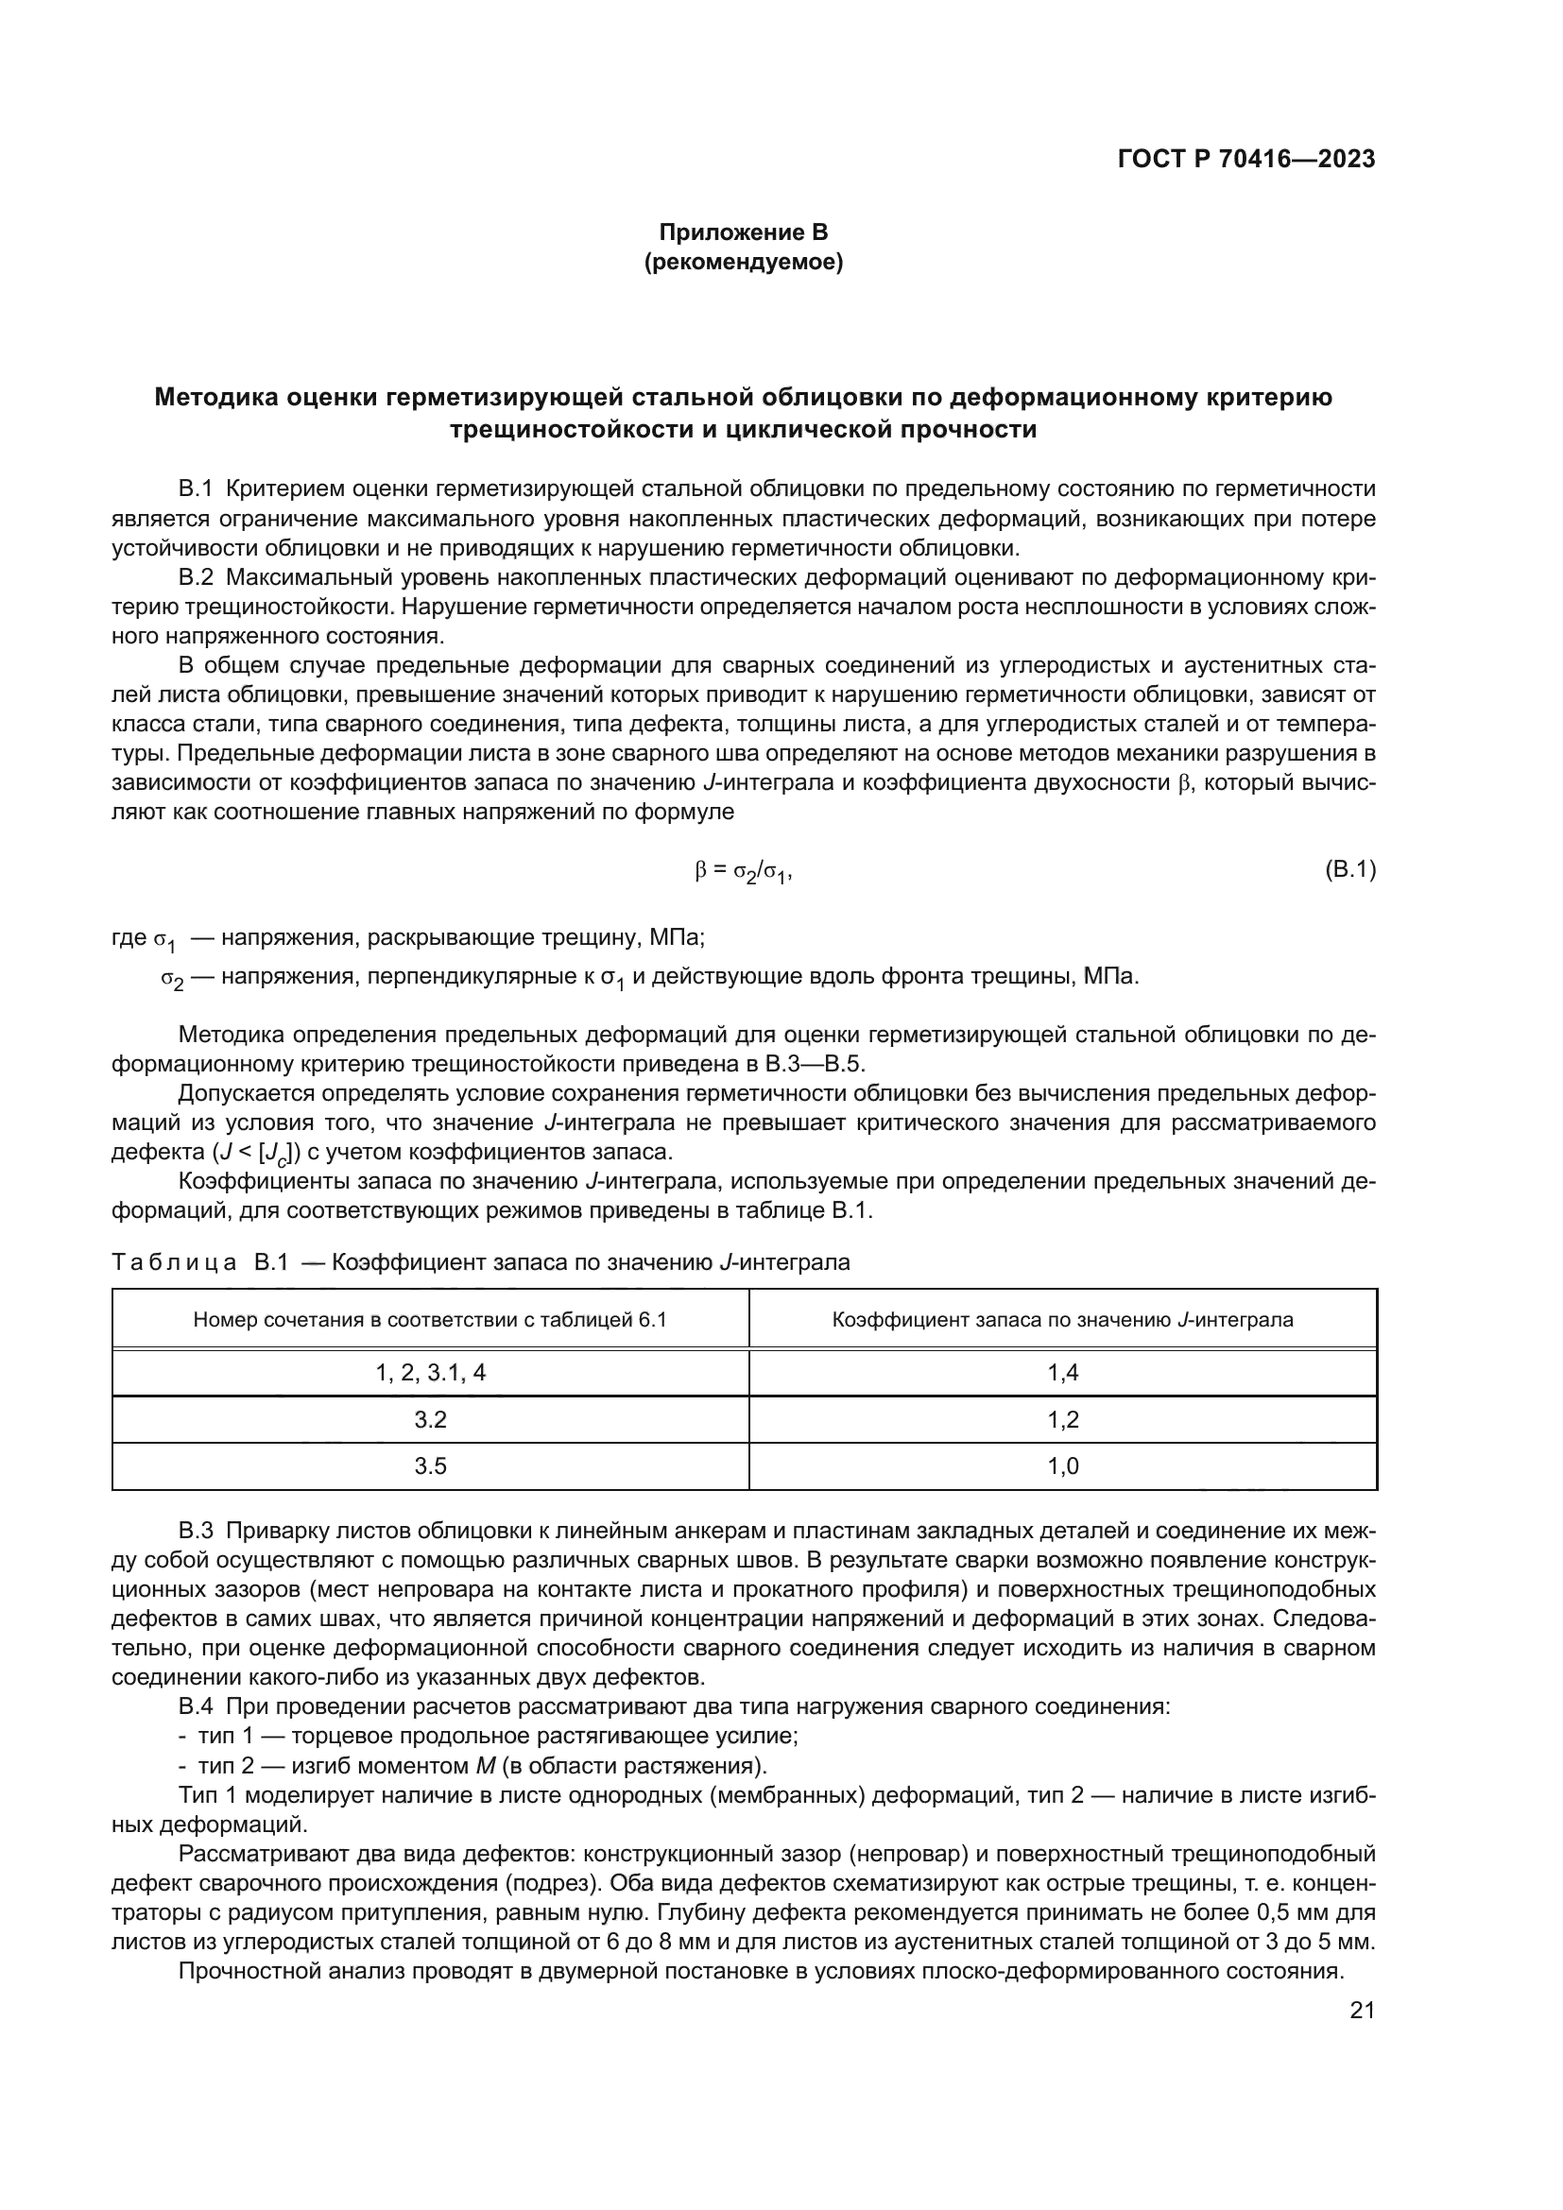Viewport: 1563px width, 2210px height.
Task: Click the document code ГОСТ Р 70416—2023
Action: point(1245,160)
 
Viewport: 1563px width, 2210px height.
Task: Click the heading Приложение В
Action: point(743,232)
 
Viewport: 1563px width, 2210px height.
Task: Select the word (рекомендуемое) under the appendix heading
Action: point(743,262)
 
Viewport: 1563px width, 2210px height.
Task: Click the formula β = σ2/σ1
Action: point(743,872)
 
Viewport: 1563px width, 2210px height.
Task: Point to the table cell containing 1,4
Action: point(1062,1374)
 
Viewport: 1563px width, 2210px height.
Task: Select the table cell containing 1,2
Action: point(1062,1420)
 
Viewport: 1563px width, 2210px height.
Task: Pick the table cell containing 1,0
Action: point(1062,1466)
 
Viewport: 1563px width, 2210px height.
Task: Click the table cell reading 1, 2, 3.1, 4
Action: point(430,1374)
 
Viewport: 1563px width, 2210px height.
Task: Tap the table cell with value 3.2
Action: point(430,1420)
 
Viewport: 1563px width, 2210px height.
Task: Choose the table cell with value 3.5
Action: point(430,1466)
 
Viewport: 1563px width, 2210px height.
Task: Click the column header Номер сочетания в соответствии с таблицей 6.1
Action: point(430,1320)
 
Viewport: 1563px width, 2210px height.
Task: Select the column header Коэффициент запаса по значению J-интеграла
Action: point(1062,1320)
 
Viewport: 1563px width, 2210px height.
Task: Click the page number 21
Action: point(1362,2010)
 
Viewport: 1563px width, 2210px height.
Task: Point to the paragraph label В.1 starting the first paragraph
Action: point(196,489)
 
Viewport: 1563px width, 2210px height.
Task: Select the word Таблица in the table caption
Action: point(174,1262)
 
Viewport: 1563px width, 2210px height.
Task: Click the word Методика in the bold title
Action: point(215,398)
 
